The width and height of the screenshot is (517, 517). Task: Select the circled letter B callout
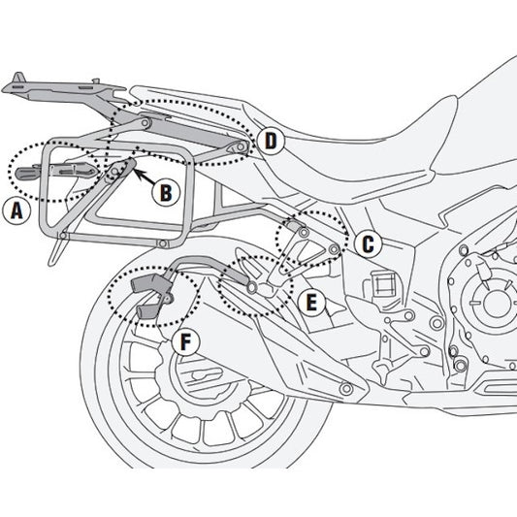click(x=166, y=193)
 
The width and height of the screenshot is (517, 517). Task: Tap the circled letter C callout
click(x=368, y=245)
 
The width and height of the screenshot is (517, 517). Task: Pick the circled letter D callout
click(x=271, y=142)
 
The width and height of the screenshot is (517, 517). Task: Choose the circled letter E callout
click(x=310, y=304)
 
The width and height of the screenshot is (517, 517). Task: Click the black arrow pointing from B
click(x=140, y=177)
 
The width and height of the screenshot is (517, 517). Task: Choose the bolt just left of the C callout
click(x=335, y=249)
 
